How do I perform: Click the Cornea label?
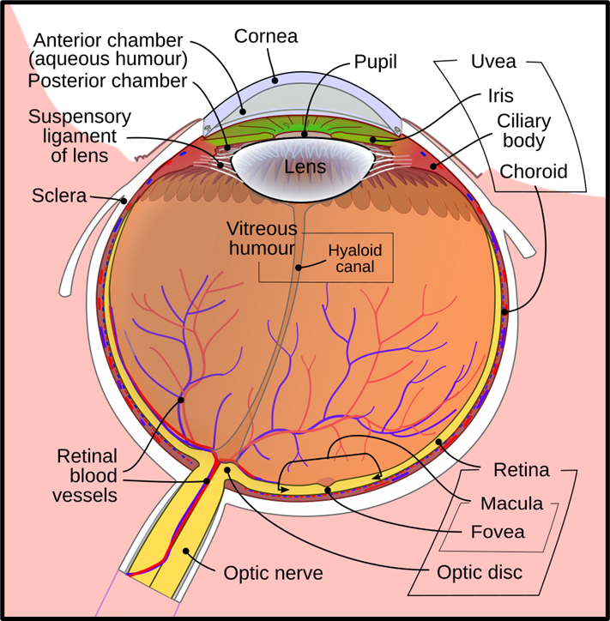266,36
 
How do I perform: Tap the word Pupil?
375,62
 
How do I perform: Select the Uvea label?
493,62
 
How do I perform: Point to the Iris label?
501,96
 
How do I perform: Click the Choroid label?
534,172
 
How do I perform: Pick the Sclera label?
59,196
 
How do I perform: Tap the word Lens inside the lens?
305,166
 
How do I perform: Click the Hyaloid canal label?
355,258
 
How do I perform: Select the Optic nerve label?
274,573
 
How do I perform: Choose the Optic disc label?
480,572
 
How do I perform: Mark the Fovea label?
498,532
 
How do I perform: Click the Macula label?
512,503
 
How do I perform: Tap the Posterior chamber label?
107,81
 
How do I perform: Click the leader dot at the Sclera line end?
124,201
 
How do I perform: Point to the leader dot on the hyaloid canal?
299,268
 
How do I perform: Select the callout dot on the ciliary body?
434,166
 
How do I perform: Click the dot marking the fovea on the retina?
328,491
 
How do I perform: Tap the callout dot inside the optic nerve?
185,551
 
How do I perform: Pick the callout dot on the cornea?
275,80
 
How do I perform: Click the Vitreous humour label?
262,238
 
